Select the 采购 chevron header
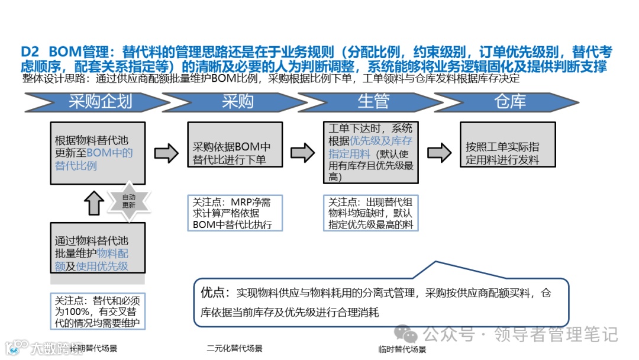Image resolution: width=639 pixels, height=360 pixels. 238,102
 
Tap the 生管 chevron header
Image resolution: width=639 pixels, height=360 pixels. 374,102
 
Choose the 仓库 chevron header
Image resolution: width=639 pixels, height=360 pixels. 510,102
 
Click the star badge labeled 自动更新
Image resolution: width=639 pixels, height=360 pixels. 128,201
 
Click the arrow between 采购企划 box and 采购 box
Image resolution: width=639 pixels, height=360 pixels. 166,152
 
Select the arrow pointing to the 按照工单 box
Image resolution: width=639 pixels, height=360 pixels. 439,153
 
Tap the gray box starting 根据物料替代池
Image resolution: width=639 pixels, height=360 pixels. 98,153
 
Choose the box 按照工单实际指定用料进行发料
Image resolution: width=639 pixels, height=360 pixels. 508,152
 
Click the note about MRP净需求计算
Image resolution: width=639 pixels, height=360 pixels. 235,213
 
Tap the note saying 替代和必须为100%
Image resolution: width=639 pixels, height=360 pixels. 98,311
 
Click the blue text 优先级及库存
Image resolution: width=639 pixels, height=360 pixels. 382,141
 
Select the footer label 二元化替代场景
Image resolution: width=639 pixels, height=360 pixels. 235,348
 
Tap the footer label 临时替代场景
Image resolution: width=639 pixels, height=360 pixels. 402,349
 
